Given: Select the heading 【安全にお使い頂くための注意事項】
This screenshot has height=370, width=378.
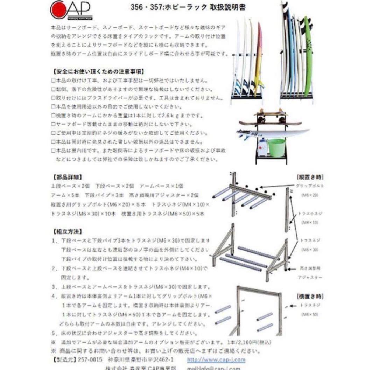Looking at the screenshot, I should [98, 72].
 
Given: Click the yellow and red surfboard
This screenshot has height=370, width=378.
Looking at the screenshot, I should [259, 60].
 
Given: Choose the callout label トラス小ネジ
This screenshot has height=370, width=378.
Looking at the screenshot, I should [310, 213].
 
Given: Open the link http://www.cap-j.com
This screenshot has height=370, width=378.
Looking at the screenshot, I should [216, 359].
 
